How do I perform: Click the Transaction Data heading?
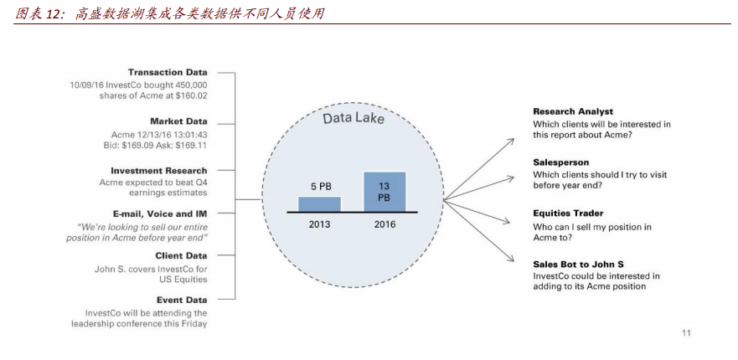click(167, 73)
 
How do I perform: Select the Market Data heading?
click(178, 121)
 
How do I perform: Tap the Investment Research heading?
click(159, 171)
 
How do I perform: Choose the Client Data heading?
click(181, 256)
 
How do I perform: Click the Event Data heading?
click(182, 300)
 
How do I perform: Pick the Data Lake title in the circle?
click(354, 119)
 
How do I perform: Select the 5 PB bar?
click(320, 203)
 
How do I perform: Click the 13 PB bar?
click(384, 191)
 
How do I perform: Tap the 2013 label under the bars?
click(320, 224)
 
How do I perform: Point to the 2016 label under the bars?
click(384, 224)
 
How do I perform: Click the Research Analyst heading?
click(573, 111)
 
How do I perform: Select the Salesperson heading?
click(561, 162)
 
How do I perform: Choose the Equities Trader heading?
click(568, 213)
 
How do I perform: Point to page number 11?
click(686, 333)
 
